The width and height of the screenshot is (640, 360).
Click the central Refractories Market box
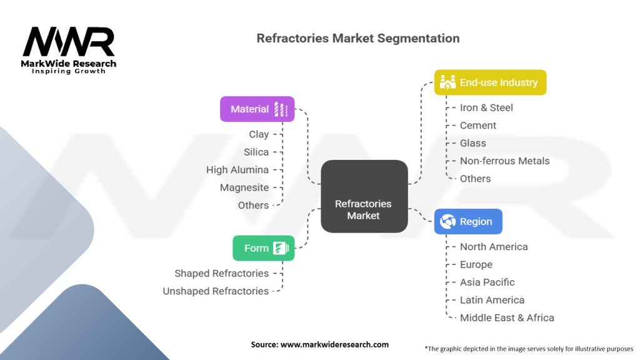pos(364,196)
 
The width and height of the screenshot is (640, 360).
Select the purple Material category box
pos(257,109)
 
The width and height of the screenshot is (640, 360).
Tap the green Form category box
pos(263,248)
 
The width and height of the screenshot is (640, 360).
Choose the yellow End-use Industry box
pos(490,82)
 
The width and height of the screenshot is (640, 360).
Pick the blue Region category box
pos(468,222)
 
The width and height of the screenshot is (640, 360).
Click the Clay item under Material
pos(259,134)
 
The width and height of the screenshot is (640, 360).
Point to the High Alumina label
pos(237,170)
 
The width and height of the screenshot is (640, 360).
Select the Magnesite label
pos(244,187)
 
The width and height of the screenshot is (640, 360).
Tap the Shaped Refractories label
pos(221,273)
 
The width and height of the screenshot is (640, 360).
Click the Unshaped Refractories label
pos(216,291)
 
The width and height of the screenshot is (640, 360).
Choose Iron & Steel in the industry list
pos(486,107)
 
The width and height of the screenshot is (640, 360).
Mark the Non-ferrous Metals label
pos(504,161)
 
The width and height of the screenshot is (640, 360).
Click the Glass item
pos(472,143)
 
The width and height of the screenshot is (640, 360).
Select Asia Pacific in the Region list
pos(487,282)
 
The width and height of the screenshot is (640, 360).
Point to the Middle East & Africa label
pos(507,317)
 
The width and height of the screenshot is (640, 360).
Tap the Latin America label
pos(492,300)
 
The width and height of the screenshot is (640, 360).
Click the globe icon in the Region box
pos(447,222)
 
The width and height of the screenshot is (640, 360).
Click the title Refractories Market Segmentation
pos(358,38)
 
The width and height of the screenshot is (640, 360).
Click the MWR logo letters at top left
pos(69,42)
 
